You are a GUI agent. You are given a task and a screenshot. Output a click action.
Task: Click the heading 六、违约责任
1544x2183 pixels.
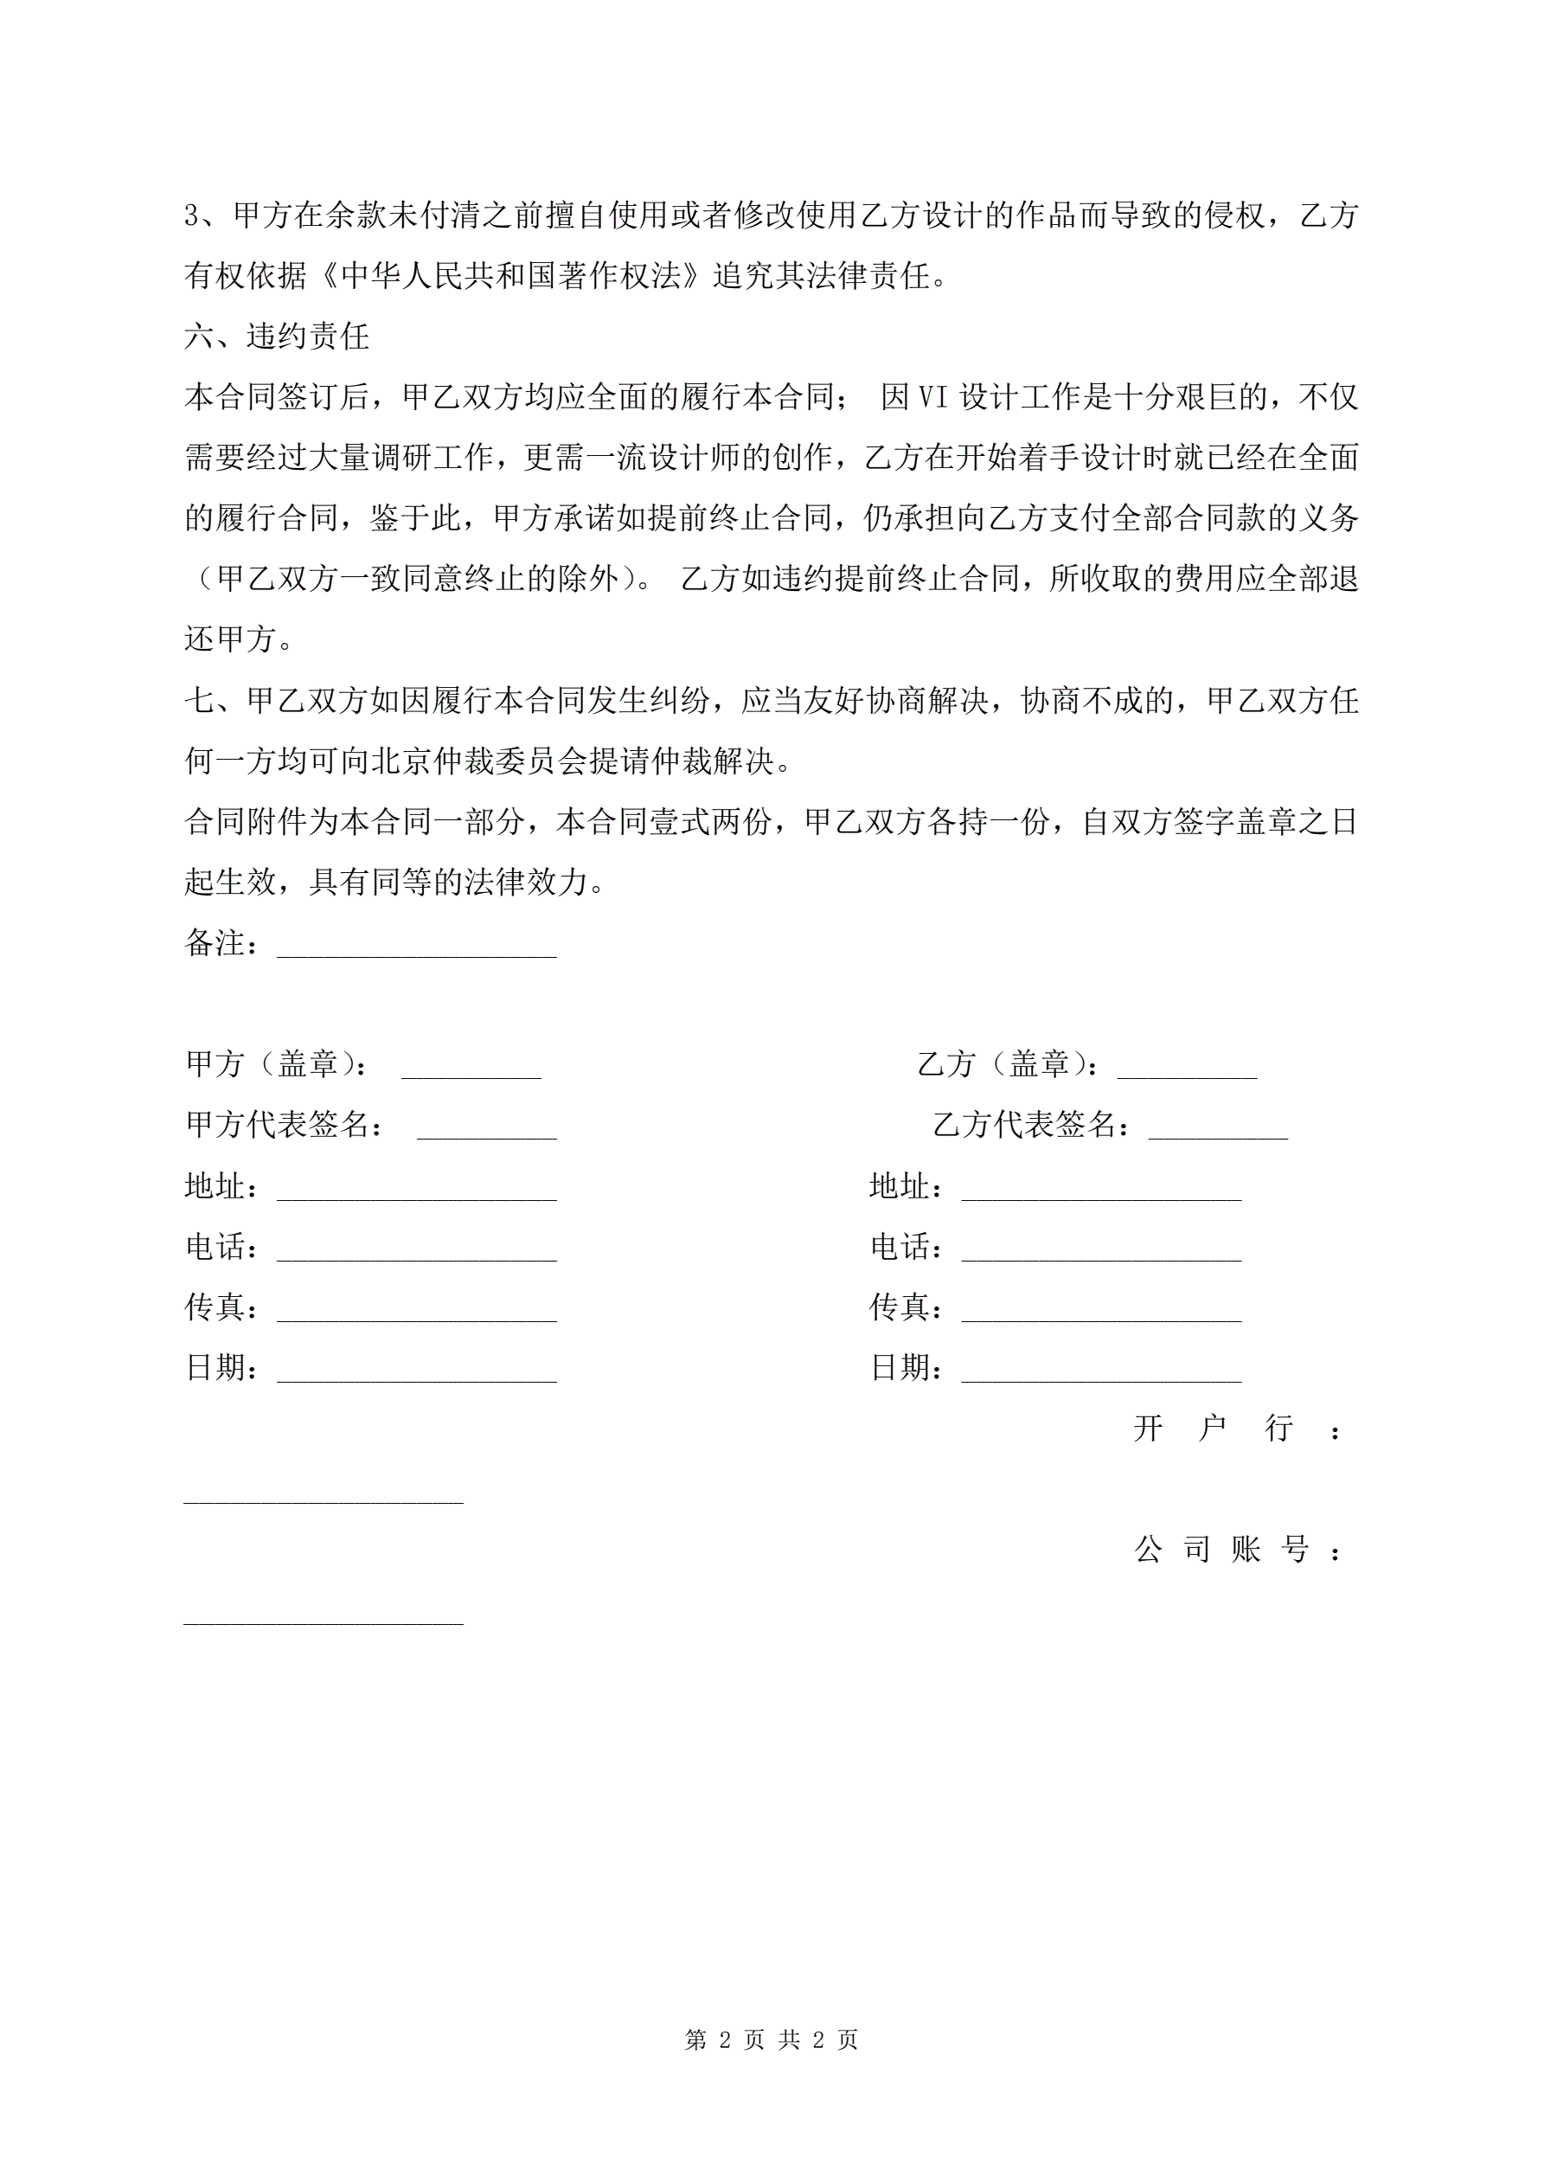click(x=277, y=336)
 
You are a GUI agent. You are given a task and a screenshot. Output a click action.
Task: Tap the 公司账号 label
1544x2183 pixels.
click(x=1237, y=1550)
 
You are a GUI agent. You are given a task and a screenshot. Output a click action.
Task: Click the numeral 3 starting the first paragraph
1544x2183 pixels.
click(x=192, y=215)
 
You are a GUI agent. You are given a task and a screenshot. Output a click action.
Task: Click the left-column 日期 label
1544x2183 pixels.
click(x=217, y=1368)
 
